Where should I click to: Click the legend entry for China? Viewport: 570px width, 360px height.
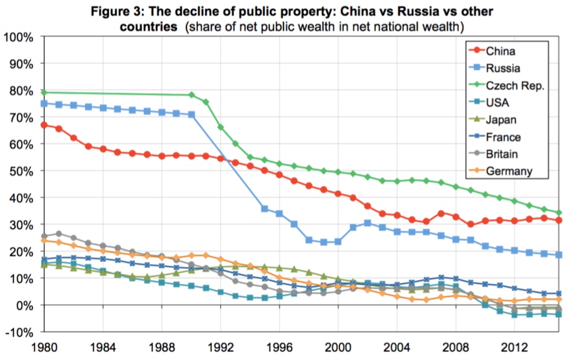tap(500, 52)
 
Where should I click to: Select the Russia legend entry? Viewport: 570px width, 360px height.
tap(503, 69)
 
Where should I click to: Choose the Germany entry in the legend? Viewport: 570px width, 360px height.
tap(509, 172)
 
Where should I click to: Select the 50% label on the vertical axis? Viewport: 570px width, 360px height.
tap(21, 171)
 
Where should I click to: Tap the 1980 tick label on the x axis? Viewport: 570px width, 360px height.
tap(43, 348)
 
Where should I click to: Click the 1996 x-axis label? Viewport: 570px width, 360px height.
tap(279, 348)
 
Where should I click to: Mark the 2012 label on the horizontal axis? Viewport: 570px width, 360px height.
tap(514, 348)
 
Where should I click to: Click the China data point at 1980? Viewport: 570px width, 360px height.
tap(44, 125)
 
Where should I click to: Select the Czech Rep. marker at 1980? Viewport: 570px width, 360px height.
tap(44, 92)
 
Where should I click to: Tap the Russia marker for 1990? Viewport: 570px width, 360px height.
tap(191, 115)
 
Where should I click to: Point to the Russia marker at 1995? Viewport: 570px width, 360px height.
tap(264, 209)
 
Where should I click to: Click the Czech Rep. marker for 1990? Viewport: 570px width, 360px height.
tap(191, 95)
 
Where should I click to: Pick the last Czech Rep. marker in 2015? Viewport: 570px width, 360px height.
tap(559, 212)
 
